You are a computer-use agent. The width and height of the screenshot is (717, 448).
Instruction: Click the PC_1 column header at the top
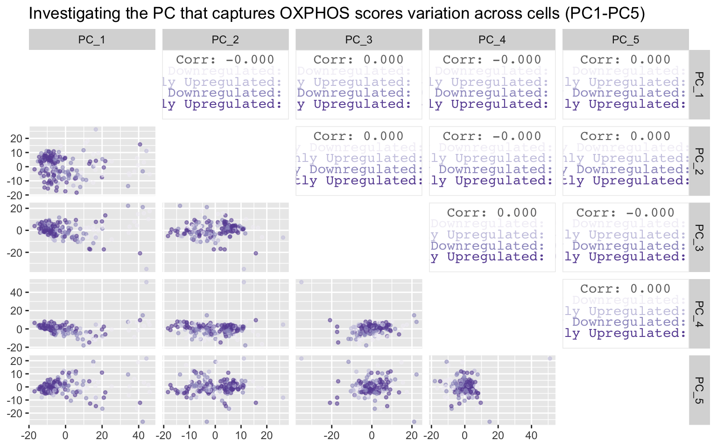(x=92, y=40)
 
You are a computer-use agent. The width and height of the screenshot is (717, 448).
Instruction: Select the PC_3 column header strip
(x=358, y=40)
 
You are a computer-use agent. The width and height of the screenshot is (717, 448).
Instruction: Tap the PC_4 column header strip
(x=492, y=40)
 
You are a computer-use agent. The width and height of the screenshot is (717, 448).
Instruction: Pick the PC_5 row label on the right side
(x=699, y=390)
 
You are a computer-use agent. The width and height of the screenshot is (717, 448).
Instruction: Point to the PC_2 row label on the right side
(x=699, y=161)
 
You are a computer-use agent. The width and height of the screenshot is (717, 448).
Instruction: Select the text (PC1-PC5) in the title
(x=605, y=13)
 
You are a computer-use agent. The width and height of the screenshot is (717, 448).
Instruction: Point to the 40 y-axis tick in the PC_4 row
(x=16, y=293)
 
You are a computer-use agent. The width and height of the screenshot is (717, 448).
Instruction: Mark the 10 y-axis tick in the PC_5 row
(x=16, y=374)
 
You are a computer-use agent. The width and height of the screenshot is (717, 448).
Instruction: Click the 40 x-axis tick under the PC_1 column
(x=139, y=436)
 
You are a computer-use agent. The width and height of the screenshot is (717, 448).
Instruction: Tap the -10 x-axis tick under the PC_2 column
(x=189, y=436)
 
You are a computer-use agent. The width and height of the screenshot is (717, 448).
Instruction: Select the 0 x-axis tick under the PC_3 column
(x=372, y=436)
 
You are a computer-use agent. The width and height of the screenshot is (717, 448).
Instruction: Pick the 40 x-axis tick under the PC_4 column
(x=531, y=436)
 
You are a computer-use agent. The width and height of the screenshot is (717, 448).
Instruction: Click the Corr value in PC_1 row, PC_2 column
(x=225, y=60)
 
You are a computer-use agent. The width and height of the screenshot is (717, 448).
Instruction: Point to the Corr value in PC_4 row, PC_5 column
(x=625, y=289)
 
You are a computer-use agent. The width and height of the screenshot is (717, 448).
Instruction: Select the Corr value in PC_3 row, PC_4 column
(x=492, y=213)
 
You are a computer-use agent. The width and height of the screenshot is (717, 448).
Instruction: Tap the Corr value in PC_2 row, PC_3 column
(x=358, y=136)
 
